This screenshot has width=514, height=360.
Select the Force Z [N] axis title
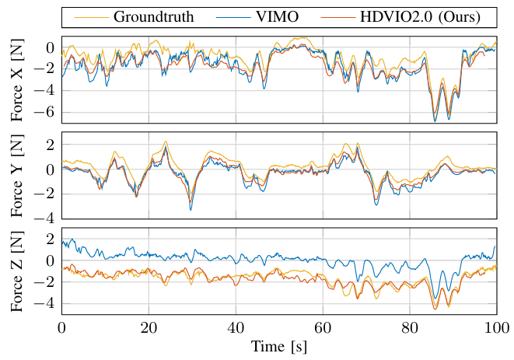click(18, 271)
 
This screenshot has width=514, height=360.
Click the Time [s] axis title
click(279, 347)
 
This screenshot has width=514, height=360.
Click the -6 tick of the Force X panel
click(49, 111)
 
